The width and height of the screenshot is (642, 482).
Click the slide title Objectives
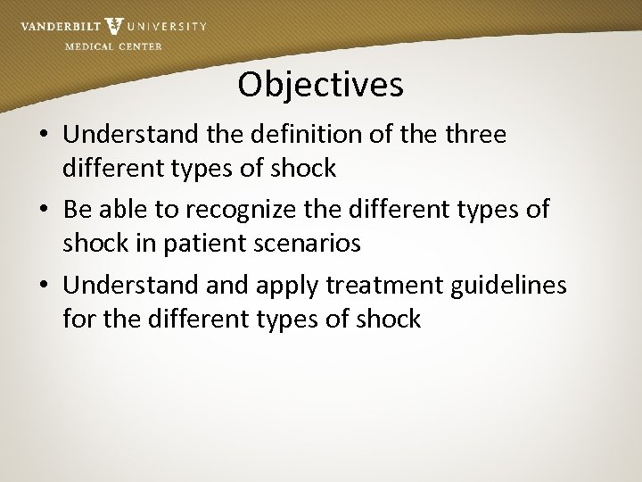coord(320,86)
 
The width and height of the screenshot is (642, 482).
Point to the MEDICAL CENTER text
coord(114,46)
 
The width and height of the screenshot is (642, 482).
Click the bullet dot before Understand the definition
coord(44,136)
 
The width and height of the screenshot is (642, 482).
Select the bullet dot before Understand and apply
coord(44,286)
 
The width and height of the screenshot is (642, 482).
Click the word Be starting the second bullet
coord(78,210)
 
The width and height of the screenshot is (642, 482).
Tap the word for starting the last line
coord(79,319)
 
